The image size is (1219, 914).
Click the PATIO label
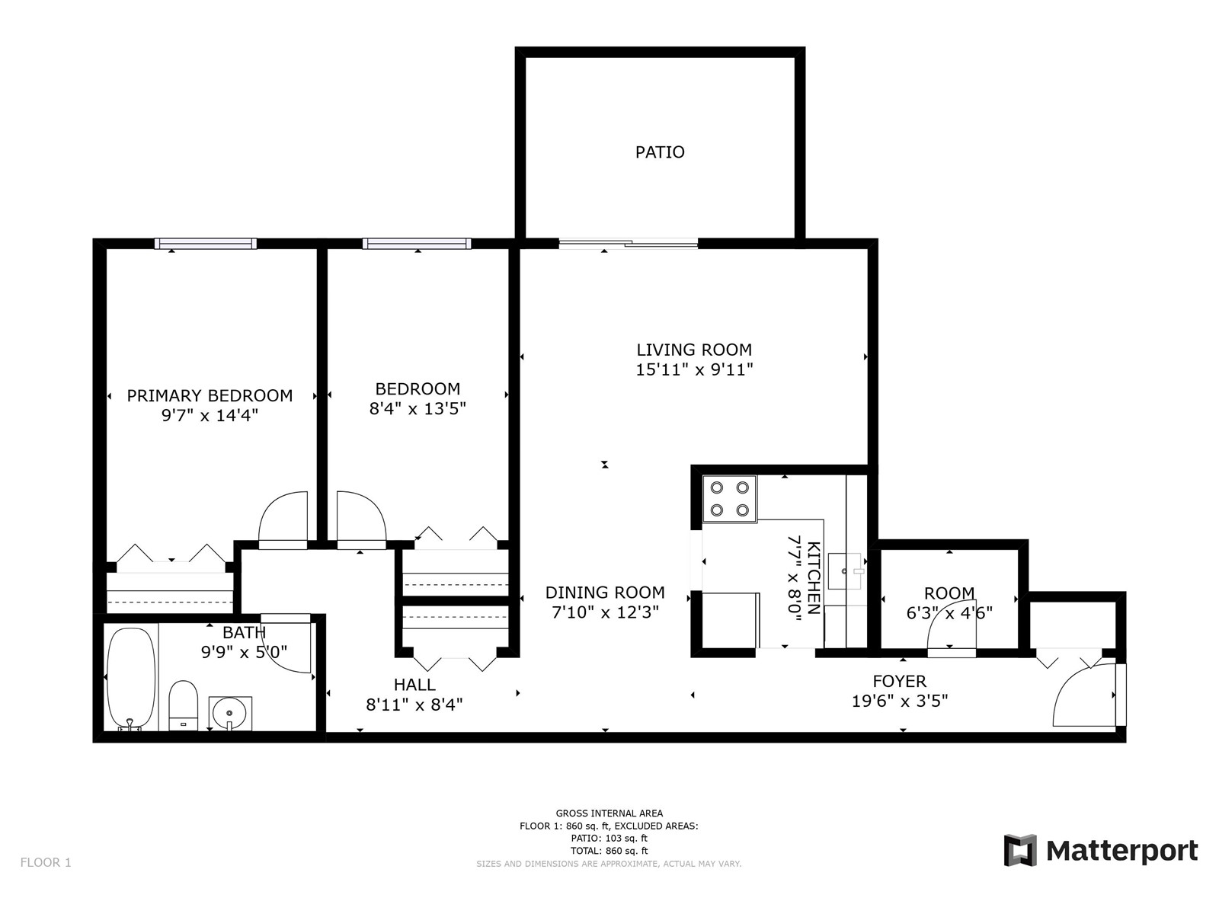(x=660, y=152)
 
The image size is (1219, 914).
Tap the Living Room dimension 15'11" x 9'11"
(x=694, y=369)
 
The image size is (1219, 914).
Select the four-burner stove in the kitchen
(x=730, y=499)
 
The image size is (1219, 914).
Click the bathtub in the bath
(x=130, y=679)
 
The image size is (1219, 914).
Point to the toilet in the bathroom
(x=184, y=705)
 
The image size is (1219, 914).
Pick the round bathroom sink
(x=230, y=713)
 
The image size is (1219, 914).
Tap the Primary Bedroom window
(x=206, y=244)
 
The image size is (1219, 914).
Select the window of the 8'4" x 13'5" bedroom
(x=417, y=244)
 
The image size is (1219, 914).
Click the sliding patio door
(x=628, y=243)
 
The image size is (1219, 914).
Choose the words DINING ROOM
(x=605, y=593)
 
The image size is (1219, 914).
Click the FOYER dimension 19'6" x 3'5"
(x=900, y=701)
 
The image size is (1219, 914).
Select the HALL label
(x=414, y=685)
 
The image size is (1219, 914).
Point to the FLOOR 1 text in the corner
(x=46, y=862)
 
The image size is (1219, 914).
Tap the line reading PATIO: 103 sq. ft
(x=609, y=839)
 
